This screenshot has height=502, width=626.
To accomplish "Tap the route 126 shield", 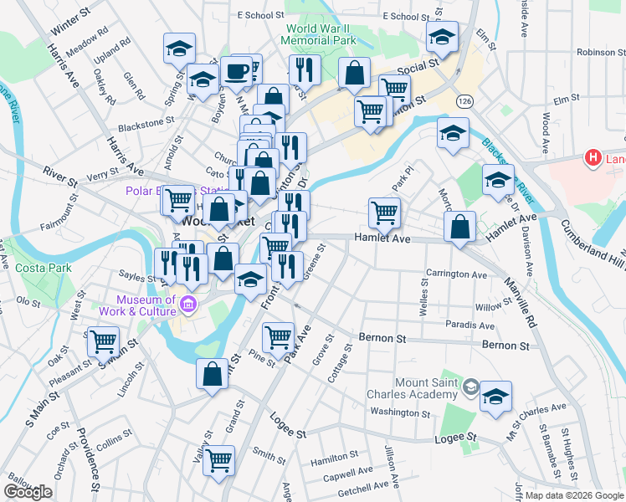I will pyautogui.click(x=463, y=100).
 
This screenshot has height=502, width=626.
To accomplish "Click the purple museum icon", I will pyautogui.click(x=190, y=304).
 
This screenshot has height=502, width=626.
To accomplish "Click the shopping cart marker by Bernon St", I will pyautogui.click(x=278, y=337).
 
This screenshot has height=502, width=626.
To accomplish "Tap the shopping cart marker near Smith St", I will pyautogui.click(x=218, y=458).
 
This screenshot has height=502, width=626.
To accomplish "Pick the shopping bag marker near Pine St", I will pyautogui.click(x=213, y=372).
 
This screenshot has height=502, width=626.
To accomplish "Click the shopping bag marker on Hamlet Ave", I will pyautogui.click(x=459, y=225).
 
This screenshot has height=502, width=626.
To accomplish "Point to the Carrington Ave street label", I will pyautogui.click(x=456, y=274).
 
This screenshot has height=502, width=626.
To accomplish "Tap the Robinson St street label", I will pyautogui.click(x=596, y=52).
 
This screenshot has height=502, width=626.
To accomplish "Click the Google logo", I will pyautogui.click(x=28, y=492).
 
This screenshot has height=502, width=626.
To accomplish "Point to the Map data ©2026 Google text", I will pyautogui.click(x=573, y=495).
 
